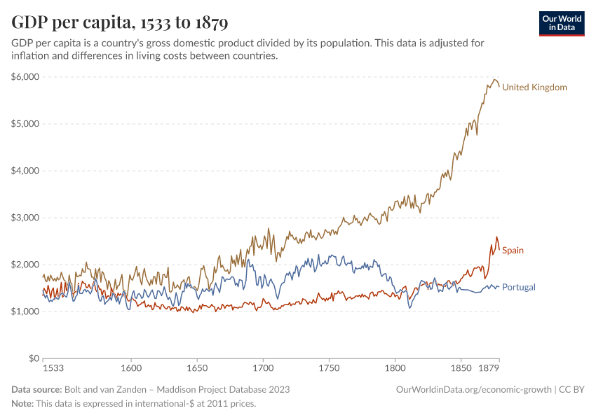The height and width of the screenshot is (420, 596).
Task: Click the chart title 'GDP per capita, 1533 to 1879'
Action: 120,23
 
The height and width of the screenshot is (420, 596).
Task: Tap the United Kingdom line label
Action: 534,87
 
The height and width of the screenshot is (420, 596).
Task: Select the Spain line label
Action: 513,251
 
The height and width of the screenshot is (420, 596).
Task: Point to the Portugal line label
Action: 519,287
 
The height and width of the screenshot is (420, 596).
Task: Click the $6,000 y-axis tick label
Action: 25,77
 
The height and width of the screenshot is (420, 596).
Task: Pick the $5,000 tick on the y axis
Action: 25,124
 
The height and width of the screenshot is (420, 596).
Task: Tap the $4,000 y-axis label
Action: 25,171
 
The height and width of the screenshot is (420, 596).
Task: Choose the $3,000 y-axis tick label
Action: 25,218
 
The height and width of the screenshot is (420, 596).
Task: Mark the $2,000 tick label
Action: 25,265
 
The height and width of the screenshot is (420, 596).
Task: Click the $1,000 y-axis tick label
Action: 25,311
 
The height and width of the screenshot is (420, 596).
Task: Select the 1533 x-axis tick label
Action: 53,367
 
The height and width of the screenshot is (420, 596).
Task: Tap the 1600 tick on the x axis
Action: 131,367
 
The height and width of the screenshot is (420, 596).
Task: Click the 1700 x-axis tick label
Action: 263,367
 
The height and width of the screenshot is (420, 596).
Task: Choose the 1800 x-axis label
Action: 395,367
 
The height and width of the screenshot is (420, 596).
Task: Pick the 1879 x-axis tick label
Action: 489,367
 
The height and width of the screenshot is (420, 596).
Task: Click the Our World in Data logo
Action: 562,23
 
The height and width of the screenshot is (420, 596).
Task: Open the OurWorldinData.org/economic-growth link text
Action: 473,389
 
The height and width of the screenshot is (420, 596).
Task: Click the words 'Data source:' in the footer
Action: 36,389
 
